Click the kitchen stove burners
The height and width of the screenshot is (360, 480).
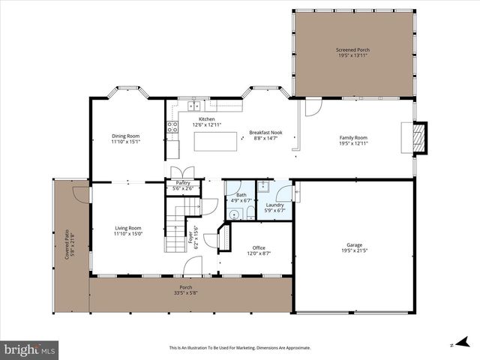172,127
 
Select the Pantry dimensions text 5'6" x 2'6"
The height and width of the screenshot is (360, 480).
183,188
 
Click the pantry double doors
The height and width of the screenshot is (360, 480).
183,172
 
